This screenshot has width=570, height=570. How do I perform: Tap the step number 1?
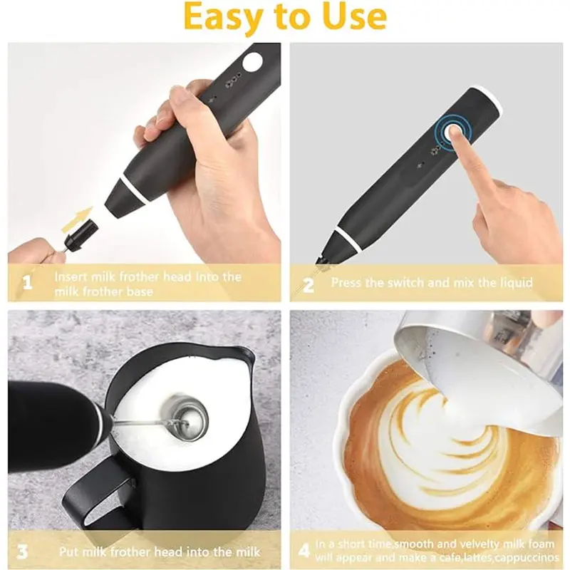point(27,284)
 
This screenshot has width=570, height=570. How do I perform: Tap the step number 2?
point(309,284)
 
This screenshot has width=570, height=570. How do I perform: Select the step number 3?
point(23,551)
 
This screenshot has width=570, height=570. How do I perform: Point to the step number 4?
point(304,551)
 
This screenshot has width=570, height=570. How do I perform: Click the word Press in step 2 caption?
point(348,283)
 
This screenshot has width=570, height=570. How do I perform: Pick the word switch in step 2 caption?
point(414,283)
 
